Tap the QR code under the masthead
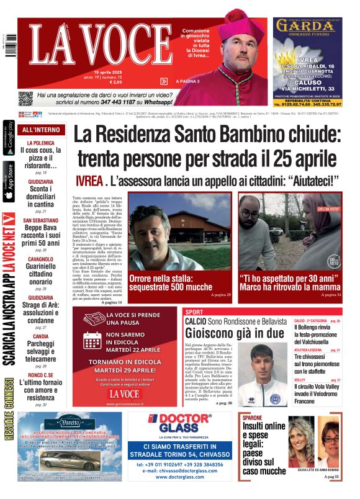coord(25,98)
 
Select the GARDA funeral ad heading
coord(306,26)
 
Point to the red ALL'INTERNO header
coord(42,130)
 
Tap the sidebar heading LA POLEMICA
coord(38,142)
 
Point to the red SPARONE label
coord(252,418)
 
